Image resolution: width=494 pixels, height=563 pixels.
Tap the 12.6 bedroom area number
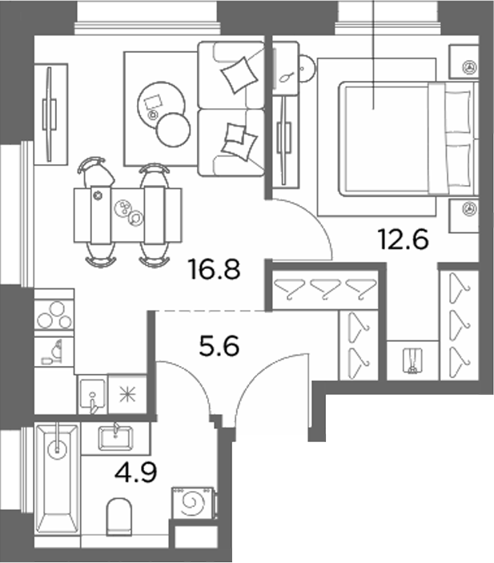[404, 239]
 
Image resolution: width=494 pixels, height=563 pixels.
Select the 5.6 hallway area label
[219, 347]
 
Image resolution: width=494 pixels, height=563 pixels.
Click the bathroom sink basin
[115, 438]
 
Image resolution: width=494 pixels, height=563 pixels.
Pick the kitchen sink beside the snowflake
[93, 395]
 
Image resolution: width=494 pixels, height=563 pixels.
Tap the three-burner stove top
[54, 313]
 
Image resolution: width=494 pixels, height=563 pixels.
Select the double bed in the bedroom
[408, 139]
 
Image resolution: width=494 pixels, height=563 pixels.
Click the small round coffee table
[173, 130]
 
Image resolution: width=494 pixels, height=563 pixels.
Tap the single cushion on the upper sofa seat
[239, 74]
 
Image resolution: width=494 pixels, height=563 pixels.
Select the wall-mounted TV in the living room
[50, 115]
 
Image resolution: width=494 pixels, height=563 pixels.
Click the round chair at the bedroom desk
[306, 68]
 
